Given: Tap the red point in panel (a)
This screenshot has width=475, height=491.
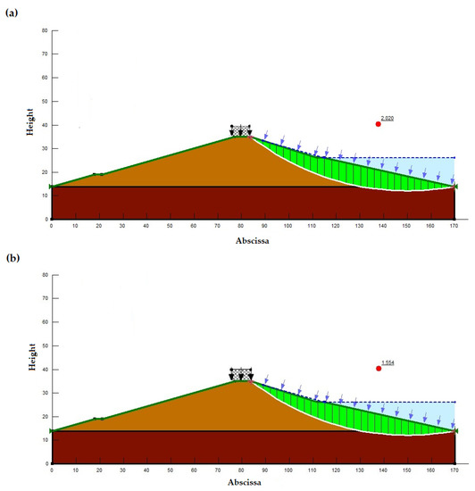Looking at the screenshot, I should (x=379, y=124).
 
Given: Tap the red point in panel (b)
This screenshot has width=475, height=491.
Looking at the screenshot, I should (x=379, y=368).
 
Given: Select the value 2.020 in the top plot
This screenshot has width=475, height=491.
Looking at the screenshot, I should (x=387, y=118).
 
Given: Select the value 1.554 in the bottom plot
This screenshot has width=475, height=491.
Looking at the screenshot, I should (x=387, y=362).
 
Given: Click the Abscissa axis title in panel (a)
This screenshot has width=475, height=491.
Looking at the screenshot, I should (x=253, y=239).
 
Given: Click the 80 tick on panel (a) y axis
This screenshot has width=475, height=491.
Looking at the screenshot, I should (x=45, y=30).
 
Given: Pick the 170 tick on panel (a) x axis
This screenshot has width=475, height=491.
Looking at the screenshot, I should (x=454, y=226).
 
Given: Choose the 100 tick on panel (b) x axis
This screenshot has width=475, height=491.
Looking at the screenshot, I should (x=288, y=470).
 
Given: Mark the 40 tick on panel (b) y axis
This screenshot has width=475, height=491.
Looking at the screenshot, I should (x=45, y=369).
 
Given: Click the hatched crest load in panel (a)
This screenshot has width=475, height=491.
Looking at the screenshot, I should (x=241, y=131).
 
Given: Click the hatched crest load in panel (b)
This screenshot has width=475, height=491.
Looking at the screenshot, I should (x=241, y=374).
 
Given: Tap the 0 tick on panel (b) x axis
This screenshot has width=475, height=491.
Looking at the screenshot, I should (x=52, y=470).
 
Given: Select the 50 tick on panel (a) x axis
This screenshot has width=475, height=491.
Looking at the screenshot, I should (x=170, y=226).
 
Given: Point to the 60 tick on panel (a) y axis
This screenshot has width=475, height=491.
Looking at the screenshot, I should (x=45, y=78).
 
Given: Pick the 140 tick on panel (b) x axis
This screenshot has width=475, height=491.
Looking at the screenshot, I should (x=383, y=470).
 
